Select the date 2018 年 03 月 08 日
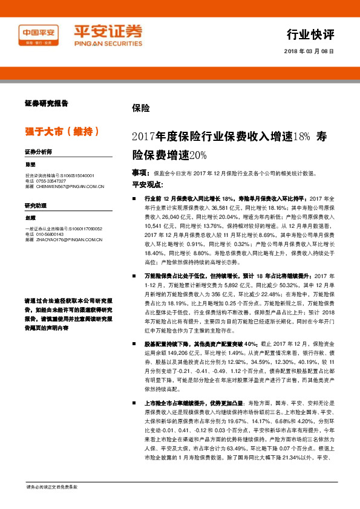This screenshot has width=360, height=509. pyautogui.click(x=309, y=51)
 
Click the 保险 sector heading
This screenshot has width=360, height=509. pyautogui.click(x=140, y=109)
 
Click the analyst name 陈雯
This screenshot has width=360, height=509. pyautogui.click(x=31, y=164)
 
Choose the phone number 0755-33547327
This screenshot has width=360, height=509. pyautogui.click(x=53, y=181)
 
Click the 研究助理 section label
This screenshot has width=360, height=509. pyautogui.click(x=35, y=206)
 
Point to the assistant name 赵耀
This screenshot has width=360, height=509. pyautogui.click(x=31, y=218)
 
